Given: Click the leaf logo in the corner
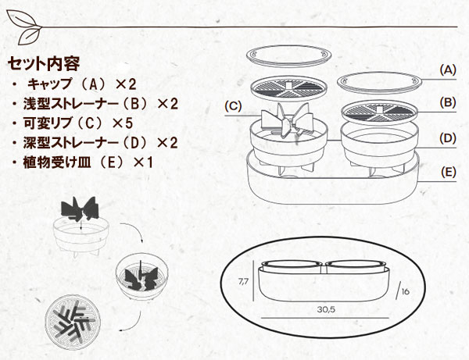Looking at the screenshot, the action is (x=24, y=27).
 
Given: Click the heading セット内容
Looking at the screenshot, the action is (x=44, y=63).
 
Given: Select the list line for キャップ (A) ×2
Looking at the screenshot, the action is (x=74, y=84).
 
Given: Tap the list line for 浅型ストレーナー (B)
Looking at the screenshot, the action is (x=95, y=104).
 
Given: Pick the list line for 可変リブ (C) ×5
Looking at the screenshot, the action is (x=73, y=123).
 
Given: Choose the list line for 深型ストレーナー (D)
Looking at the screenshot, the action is (x=95, y=143).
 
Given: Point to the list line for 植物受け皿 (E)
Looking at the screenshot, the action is (x=83, y=162).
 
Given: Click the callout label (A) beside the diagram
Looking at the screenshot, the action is (x=448, y=70).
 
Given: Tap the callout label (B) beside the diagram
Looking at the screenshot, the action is (x=448, y=102).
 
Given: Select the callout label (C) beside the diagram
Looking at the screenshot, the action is (x=233, y=105).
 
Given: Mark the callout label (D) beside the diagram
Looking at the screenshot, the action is (x=448, y=138).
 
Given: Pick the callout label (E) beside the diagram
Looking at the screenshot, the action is (x=448, y=173).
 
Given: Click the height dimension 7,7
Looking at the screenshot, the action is (x=243, y=281).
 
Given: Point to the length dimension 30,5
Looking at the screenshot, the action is (x=326, y=309).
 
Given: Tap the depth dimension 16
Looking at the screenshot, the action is (x=405, y=291).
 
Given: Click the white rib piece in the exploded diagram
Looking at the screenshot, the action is (x=287, y=122).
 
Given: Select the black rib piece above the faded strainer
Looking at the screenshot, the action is (x=80, y=208).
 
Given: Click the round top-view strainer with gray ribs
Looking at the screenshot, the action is (x=73, y=322).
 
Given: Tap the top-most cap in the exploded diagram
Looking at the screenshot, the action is (x=289, y=57).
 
